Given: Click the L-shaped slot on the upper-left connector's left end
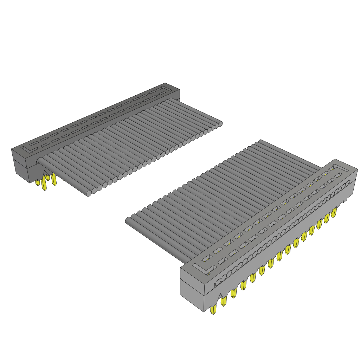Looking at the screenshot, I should click(29, 148).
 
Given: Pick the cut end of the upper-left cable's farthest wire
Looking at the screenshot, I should click(221, 123).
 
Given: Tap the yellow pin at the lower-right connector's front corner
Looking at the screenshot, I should click(213, 309).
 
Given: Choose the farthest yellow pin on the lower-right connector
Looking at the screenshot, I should click(334, 212).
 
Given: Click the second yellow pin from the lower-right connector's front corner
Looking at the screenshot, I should click(224, 301).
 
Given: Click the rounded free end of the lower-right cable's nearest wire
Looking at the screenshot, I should click(128, 221).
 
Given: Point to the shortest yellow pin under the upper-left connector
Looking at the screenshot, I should click(38, 182).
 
